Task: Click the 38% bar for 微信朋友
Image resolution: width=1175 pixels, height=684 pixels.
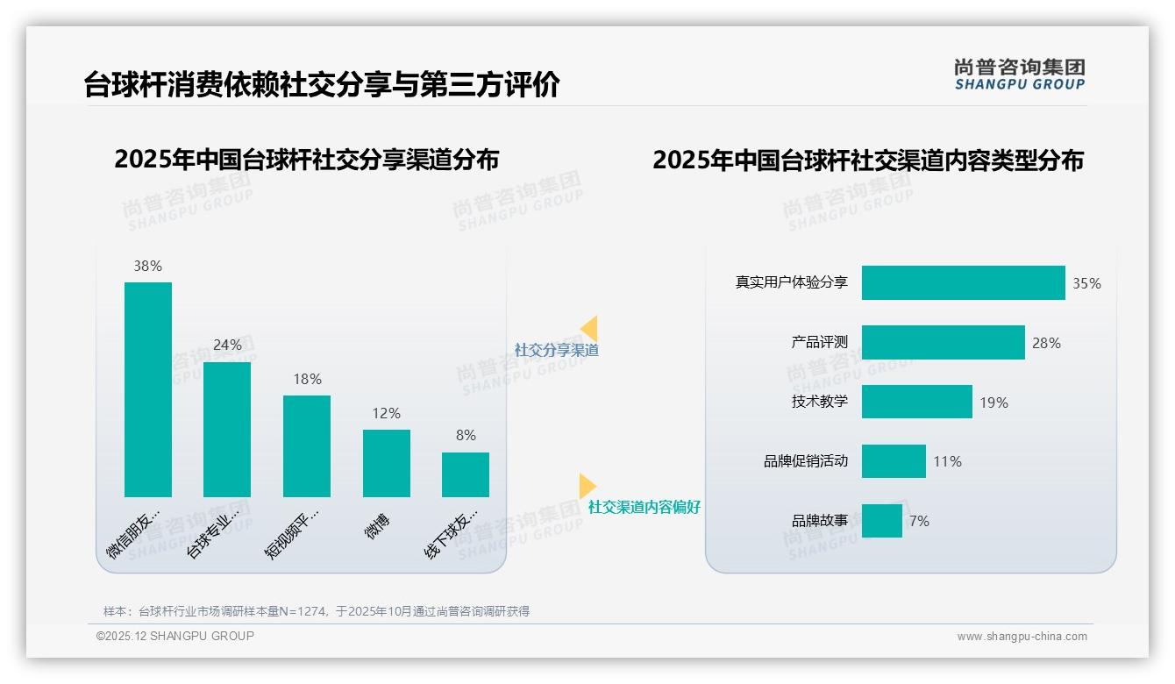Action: pyautogui.click(x=148, y=389)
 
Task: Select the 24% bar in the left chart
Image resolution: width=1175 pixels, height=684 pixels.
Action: pyautogui.click(x=227, y=430)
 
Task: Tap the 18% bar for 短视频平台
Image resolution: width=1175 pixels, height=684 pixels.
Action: pyautogui.click(x=307, y=446)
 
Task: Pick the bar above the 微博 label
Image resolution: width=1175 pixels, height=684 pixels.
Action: pyautogui.click(x=386, y=463)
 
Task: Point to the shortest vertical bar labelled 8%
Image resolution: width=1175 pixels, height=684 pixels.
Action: pyautogui.click(x=466, y=474)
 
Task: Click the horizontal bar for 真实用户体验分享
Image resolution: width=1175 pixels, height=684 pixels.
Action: pyautogui.click(x=963, y=283)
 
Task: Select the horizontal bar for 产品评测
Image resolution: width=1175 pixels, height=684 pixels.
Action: pyautogui.click(x=943, y=343)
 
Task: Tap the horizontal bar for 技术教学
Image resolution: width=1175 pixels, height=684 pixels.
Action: pyautogui.click(x=916, y=402)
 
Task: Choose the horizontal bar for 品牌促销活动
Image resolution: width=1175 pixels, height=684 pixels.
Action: pyautogui.click(x=894, y=461)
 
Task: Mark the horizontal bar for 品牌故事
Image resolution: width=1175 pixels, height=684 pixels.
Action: pyautogui.click(x=881, y=521)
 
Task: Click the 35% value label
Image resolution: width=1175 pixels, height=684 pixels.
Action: pyautogui.click(x=1086, y=284)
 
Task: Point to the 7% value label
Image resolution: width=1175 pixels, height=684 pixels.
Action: pyautogui.click(x=919, y=521)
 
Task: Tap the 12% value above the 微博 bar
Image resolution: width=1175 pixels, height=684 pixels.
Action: pyautogui.click(x=386, y=413)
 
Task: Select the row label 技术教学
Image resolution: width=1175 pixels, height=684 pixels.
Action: pyautogui.click(x=820, y=402)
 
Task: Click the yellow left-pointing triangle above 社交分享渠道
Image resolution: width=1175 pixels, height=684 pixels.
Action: pyautogui.click(x=589, y=328)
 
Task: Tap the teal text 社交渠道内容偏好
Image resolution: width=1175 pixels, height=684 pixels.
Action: pyautogui.click(x=644, y=507)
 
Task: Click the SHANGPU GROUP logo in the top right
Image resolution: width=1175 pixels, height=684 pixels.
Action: pyautogui.click(x=1019, y=74)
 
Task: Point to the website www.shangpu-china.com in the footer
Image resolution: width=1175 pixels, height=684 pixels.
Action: pyautogui.click(x=1022, y=637)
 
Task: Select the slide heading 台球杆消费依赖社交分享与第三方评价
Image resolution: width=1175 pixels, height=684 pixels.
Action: pyautogui.click(x=322, y=85)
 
